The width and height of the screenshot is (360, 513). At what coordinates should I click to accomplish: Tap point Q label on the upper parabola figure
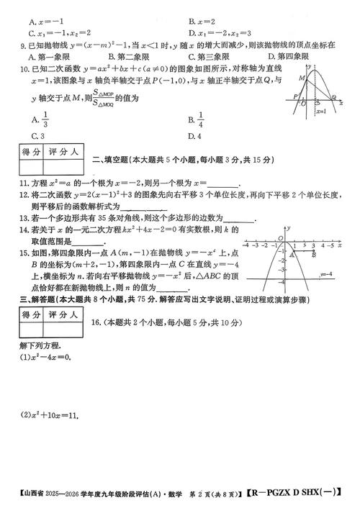[x=333, y=99]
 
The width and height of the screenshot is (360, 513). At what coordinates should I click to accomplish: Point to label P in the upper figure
[x=295, y=95]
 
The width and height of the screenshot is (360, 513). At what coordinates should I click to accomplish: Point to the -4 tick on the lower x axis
[x=247, y=245]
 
